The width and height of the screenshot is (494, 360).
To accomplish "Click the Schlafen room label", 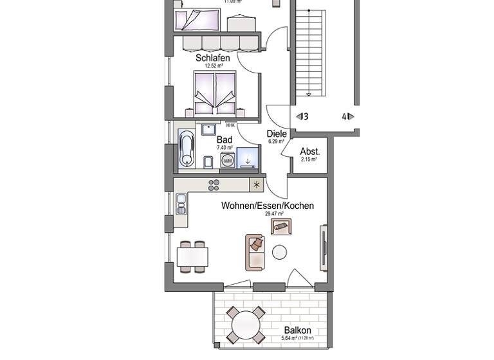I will click(x=212, y=58).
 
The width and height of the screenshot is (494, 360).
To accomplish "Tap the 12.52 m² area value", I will click(x=213, y=66).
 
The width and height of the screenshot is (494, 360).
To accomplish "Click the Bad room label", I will click(x=224, y=139).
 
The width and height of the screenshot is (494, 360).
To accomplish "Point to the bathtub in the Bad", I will click(x=186, y=149).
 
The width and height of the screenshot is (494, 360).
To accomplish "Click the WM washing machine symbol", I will click(x=228, y=160).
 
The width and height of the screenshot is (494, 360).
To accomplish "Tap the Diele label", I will click(x=277, y=134).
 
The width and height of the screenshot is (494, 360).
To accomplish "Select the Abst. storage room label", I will click(x=310, y=152).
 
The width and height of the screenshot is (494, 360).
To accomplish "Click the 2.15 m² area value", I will click(x=309, y=159).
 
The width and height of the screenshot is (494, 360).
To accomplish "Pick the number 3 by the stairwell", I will click(x=306, y=116).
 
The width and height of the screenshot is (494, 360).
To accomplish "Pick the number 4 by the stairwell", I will click(x=345, y=116).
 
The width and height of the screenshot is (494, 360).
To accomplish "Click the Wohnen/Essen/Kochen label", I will click(x=268, y=206).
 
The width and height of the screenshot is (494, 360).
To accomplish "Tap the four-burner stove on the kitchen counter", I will click(x=214, y=185).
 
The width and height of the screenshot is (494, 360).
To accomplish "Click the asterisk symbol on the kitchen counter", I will click(x=257, y=185).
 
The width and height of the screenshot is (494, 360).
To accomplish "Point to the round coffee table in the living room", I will click(x=280, y=252).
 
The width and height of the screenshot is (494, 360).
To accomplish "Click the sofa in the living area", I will click(x=255, y=251).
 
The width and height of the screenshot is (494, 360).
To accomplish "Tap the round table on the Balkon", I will click(x=245, y=325).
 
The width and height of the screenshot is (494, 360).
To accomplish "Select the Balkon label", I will click(x=297, y=330).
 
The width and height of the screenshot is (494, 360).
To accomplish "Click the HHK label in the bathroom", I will click(x=230, y=125).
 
